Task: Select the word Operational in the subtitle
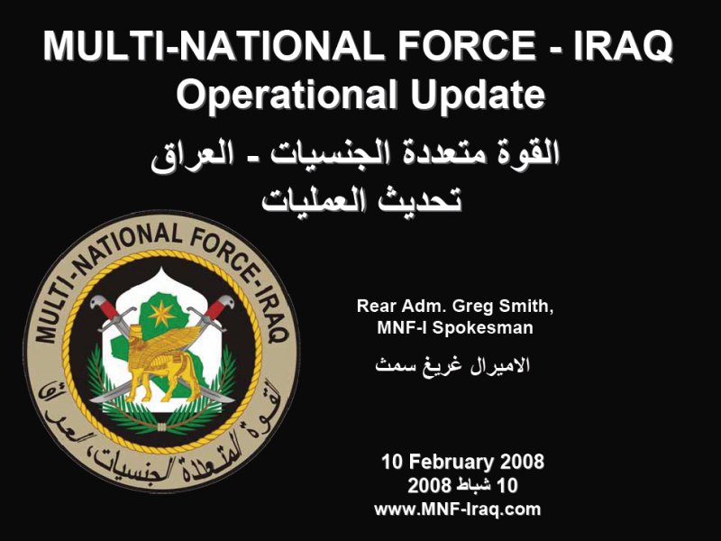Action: (x=286, y=96)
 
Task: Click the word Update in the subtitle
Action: (x=478, y=95)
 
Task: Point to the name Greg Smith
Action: (x=503, y=307)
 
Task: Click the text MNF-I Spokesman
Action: (x=455, y=327)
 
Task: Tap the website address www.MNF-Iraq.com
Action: (x=458, y=509)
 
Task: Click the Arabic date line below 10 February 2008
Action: (x=462, y=485)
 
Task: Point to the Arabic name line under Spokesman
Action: (x=453, y=365)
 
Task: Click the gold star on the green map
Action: (x=161, y=314)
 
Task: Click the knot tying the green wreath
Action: (x=161, y=427)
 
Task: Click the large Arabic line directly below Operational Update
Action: (x=355, y=152)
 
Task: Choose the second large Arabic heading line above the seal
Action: (x=361, y=200)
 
